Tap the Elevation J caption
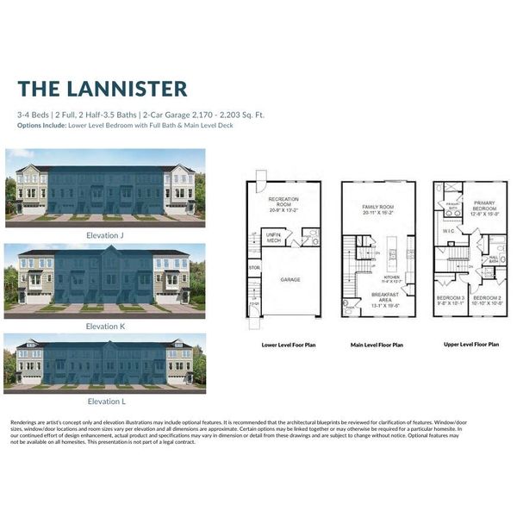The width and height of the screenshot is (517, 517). click(x=105, y=234)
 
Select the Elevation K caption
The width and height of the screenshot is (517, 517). click(x=105, y=327)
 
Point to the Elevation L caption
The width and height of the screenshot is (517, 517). click(x=105, y=401)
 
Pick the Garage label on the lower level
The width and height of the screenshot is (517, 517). click(x=290, y=279)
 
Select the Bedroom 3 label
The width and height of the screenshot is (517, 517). click(x=450, y=299)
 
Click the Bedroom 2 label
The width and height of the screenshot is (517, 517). click(x=484, y=299)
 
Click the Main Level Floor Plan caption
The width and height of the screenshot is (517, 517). click(x=377, y=345)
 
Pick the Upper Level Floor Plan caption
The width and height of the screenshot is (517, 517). click(x=470, y=344)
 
